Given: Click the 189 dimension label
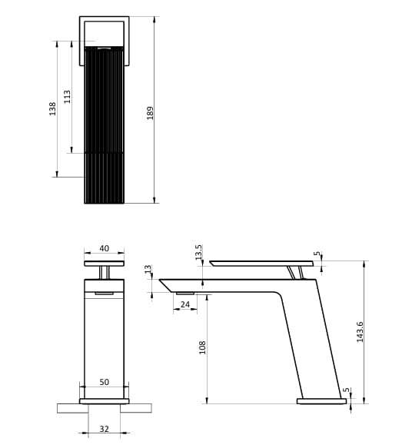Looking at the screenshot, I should point(150,112).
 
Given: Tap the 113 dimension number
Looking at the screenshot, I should point(67,97).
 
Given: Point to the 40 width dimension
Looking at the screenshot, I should point(105,249).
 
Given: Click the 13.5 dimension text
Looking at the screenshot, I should point(198,252).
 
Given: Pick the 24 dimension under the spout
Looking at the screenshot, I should point(184,304).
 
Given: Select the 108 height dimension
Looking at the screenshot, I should point(202,347).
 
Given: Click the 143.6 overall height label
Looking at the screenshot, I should point(360,331).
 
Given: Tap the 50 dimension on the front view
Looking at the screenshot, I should point(104,382).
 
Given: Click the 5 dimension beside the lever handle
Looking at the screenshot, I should point(317,254).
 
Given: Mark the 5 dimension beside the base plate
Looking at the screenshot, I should point(346,391).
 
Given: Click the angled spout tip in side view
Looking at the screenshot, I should point(165,285).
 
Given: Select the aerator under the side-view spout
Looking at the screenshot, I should point(184,293).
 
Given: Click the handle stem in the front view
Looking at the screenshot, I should point(105,272).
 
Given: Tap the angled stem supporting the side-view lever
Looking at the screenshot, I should point(293,272).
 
